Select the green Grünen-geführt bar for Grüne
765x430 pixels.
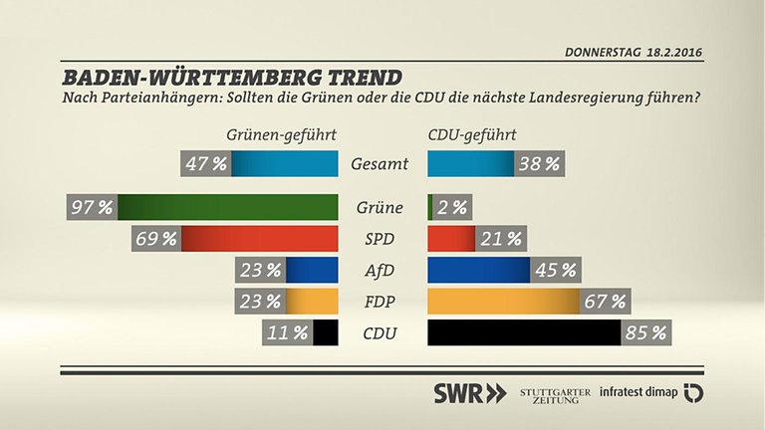pos(229,208)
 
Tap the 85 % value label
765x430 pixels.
pos(645,332)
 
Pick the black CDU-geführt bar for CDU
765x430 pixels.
pos(524,332)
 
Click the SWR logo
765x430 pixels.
pos(469,392)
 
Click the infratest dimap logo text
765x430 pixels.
pos(637,392)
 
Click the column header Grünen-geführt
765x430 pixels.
pos(281,135)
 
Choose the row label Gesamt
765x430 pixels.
pos(382,164)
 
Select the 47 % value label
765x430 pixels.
pos(206,164)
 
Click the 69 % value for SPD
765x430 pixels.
pos(156,239)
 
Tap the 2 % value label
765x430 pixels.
pos(451,208)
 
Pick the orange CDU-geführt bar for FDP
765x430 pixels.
pos(503,302)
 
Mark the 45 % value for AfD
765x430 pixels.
pos(556,270)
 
